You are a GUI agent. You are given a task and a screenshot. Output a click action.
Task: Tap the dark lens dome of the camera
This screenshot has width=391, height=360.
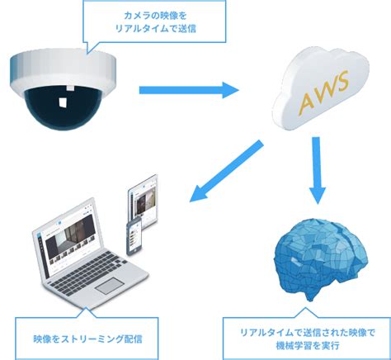coord(62,104)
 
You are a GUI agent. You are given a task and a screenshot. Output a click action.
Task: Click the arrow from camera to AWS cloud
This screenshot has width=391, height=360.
coord(186,89)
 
